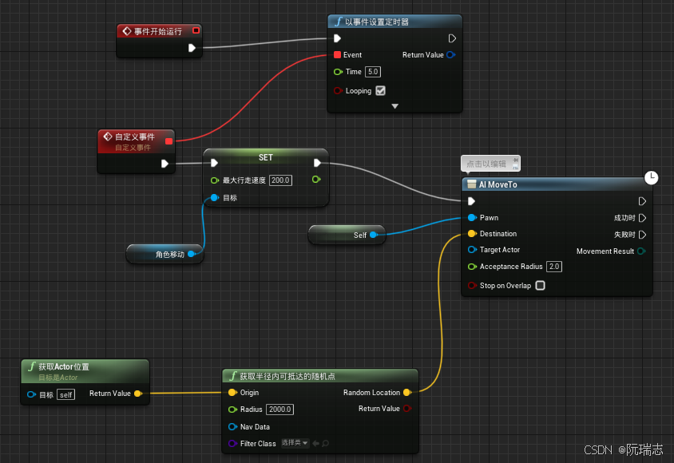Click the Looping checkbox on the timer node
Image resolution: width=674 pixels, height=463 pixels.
pos(381,91)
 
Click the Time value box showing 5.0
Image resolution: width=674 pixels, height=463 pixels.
pos(373,72)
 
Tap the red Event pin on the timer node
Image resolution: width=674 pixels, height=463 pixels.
pos(337,55)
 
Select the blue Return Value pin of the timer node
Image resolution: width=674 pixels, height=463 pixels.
pos(451,55)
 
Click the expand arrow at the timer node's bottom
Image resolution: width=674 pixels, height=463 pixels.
pos(394,106)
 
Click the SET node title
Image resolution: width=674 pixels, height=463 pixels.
pos(266,157)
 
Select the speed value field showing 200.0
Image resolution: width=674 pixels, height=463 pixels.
pos(280,180)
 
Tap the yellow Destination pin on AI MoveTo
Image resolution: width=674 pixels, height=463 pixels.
pos(472,234)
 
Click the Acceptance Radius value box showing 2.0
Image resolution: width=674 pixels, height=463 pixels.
pos(554,267)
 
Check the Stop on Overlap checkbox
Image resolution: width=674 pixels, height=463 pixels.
pos(541,286)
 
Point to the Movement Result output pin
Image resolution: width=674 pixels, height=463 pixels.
pos(641,251)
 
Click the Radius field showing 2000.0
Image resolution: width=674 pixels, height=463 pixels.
pos(280,410)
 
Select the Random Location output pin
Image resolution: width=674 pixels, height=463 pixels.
pos(407,393)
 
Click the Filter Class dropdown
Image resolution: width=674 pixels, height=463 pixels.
pos(295,443)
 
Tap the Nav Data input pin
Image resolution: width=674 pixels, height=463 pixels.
pos(232,426)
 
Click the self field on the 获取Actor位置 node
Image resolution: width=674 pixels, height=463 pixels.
pos(65,394)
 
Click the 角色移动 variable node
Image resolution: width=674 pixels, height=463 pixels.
pos(170,255)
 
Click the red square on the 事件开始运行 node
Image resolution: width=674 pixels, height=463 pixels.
pos(196,31)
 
